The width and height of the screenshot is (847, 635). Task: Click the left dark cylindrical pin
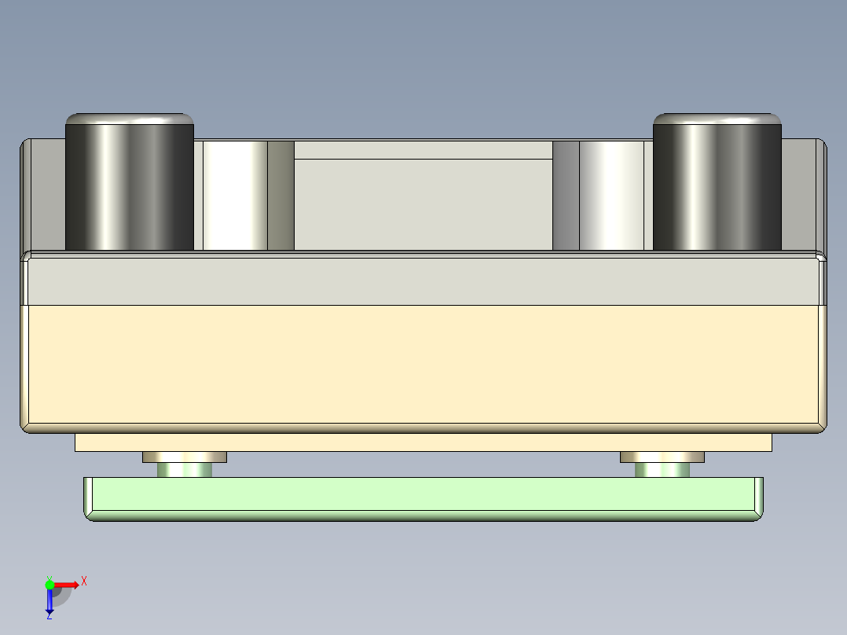coord(129,189)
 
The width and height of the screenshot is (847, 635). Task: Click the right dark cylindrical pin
coord(717,189)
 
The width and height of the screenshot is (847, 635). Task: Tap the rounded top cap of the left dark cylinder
coord(129,119)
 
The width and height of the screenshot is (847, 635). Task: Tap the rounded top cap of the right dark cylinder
coord(717,119)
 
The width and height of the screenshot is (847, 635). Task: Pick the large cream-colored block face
coord(423,363)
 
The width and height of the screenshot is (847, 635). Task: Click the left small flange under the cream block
coord(185,457)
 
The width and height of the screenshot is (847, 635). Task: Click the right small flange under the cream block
coord(662,457)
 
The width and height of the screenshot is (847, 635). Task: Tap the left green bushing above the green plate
coord(185,470)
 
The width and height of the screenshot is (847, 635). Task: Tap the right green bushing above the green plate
coord(662,470)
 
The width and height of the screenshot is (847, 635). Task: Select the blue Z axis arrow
coord(49,601)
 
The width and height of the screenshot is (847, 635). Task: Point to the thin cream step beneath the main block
coord(423,442)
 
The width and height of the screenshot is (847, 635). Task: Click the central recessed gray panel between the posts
coord(423,204)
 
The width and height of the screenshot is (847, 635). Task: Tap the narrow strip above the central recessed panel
coord(423,150)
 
